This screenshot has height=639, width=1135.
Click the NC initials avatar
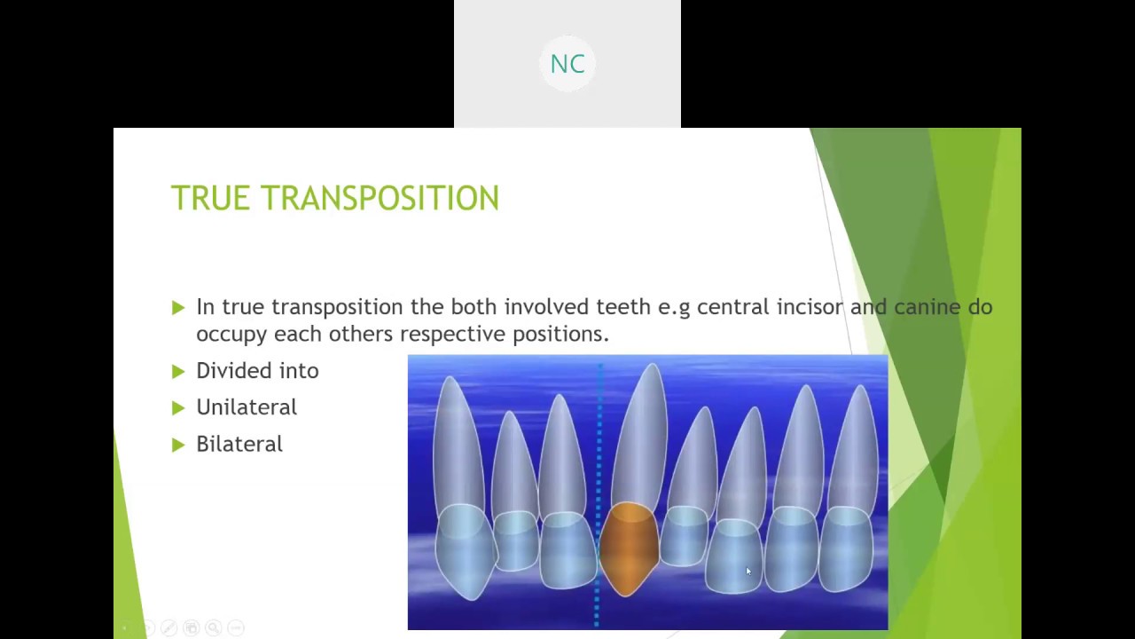tap(567, 64)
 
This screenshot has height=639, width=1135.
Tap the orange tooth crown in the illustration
tap(630, 546)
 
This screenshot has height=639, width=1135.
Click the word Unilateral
tap(247, 407)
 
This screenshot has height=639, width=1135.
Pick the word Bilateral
tap(239, 444)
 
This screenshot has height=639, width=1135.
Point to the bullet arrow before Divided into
tap(178, 371)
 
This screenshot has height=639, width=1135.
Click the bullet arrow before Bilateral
tap(178, 445)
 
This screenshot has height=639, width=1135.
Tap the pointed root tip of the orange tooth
tap(653, 368)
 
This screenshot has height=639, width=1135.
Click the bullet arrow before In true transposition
tap(178, 307)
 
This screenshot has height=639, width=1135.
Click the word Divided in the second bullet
tap(223, 371)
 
